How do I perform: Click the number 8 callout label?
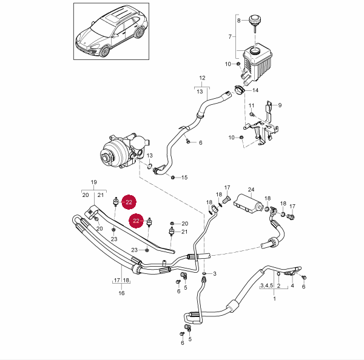tap(239, 21)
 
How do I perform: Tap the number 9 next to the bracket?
tap(280, 105)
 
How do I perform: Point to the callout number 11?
tap(251, 105)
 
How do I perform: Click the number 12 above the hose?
tap(203, 78)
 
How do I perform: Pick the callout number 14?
tap(255, 90)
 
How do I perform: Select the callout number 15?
tap(185, 178)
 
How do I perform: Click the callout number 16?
tap(121, 293)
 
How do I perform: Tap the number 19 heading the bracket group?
tap(94, 182)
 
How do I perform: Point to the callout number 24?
tap(251, 189)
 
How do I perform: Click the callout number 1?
tap(274, 299)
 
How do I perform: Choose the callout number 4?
tap(292, 285)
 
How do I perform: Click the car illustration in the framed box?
tap(111, 32)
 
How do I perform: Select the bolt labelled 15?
tap(173, 177)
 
